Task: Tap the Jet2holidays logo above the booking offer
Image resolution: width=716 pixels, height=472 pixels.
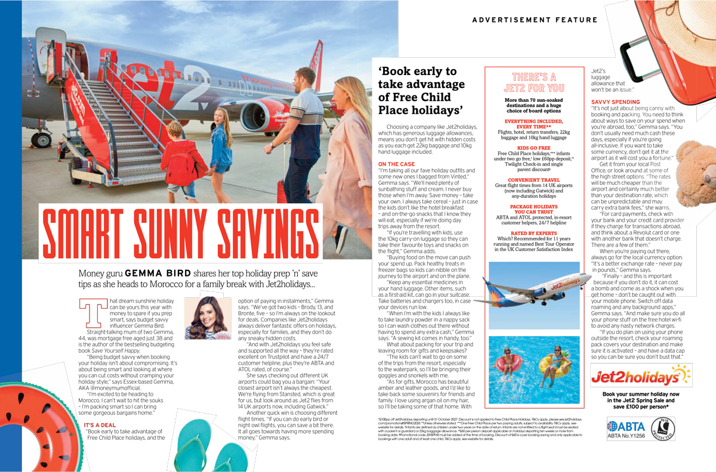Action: pos(640,376)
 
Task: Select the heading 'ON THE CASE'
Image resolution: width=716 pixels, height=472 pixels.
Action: pos(396,164)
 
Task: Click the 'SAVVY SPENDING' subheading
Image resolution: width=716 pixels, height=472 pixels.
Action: pos(615,103)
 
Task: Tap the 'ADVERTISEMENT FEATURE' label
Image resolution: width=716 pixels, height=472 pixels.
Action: pos(535,20)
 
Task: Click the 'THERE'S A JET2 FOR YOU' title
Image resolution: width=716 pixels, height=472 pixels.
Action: pos(534,82)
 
